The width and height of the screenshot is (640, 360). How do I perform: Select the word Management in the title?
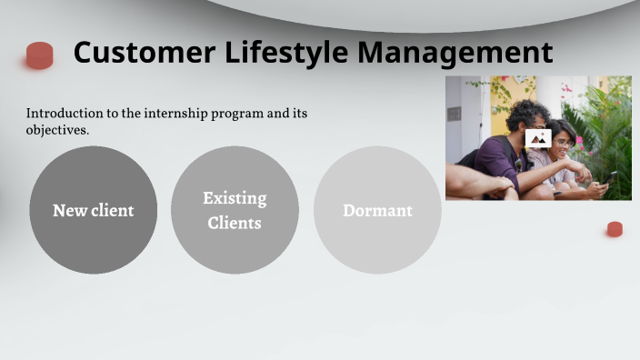[455, 53]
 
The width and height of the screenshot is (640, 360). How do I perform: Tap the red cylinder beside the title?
[39, 55]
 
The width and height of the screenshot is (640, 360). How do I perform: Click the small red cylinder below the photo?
[615, 229]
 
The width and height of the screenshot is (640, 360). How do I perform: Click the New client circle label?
[93, 210]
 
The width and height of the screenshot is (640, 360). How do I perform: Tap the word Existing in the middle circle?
[235, 198]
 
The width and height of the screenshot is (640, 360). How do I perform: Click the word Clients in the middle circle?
[235, 223]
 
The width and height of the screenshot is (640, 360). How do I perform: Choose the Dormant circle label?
[377, 210]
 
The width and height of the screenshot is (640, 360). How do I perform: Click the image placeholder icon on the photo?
[538, 138]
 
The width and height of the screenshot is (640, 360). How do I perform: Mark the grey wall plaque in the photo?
[454, 114]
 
